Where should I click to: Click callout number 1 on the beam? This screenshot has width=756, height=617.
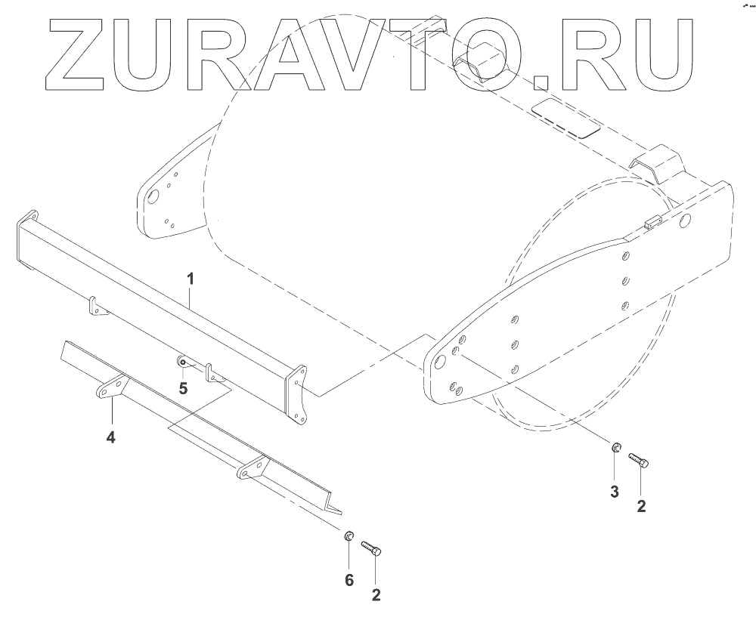pos(191,279)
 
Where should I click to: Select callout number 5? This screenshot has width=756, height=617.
pos(183,388)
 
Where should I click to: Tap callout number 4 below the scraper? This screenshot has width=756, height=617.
pos(110,437)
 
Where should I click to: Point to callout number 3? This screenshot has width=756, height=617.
pos(614,492)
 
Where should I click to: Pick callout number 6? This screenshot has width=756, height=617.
pos(348,579)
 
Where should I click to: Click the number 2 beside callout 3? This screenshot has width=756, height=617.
pos(641,507)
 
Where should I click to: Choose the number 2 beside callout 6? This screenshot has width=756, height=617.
pos(376,594)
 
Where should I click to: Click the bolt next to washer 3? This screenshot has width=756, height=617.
pos(638,459)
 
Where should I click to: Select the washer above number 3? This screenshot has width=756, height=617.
pos(615,450)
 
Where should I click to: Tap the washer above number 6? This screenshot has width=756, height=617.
pos(349,536)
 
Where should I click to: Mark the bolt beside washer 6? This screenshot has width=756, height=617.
pos(372,548)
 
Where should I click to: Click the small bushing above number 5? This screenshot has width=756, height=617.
pos(182,362)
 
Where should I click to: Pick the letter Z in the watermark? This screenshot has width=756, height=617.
pos(88,55)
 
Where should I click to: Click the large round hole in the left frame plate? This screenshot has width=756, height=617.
pos(152,198)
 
